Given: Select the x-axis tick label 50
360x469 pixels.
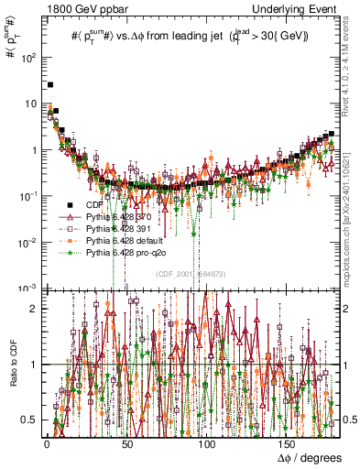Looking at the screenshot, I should coord(126,443).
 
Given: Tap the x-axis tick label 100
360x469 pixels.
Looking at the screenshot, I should coord(207,443).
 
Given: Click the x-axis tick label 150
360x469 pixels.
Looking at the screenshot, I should coord(288,443).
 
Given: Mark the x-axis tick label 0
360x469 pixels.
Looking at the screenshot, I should coord(47,443).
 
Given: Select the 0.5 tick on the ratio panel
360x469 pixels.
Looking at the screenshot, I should coord(29,420).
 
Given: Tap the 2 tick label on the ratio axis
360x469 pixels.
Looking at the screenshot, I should coord(34,309).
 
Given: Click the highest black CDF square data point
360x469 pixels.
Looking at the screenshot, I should coord(49,84).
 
